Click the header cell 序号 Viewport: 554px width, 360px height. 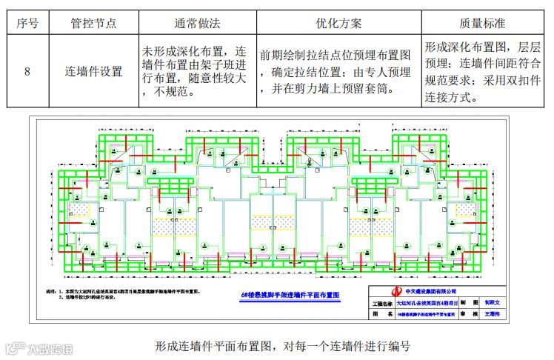[x=27, y=23]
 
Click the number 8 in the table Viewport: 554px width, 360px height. [x=27, y=73]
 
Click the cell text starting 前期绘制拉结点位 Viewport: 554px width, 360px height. [x=335, y=56]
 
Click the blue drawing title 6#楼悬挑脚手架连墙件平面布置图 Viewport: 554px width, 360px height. [x=290, y=294]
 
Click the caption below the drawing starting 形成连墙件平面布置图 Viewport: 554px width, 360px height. [x=282, y=346]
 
